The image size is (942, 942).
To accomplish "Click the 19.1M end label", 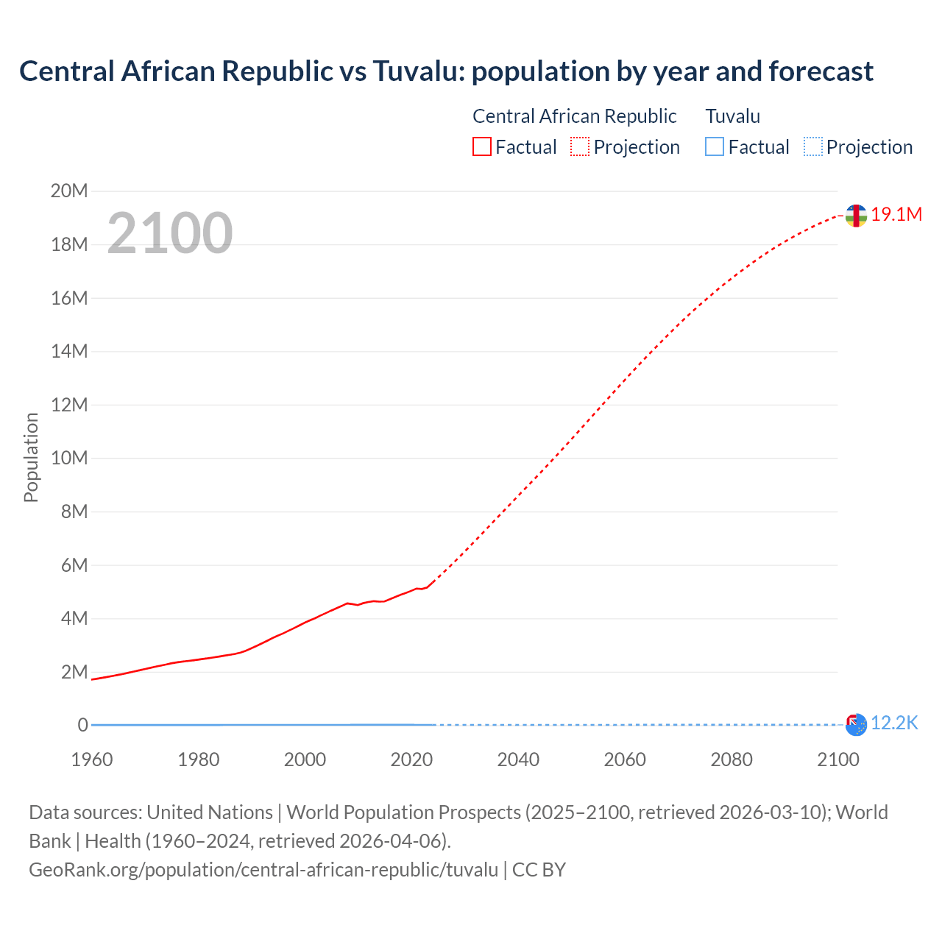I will point(896,215).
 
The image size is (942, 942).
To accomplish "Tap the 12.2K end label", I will point(894,723).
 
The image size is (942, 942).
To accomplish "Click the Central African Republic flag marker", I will point(855,216).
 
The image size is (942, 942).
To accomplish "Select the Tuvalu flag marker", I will point(856,725).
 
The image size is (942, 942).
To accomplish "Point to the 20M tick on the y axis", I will point(69,191).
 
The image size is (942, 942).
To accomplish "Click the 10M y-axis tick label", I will point(69,458).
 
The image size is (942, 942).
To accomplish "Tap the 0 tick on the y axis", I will point(83,726).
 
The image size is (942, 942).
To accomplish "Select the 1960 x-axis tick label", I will point(92,759).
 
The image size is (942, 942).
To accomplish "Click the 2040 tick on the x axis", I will point(518,759).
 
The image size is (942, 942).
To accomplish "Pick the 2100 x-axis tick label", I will point(837,759).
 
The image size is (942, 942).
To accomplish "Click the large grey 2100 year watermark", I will point(170,233).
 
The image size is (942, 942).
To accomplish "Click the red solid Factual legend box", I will point(482,147).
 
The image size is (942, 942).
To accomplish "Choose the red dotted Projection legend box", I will point(580,147).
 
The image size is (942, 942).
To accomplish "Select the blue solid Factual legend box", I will point(715,147).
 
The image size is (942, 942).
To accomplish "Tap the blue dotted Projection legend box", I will point(812,147).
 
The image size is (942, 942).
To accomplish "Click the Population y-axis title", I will point(31,458).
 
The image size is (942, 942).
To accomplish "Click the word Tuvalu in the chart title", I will point(417,71).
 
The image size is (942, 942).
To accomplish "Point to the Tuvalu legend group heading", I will point(732,116).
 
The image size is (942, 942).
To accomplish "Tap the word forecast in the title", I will point(821,71).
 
